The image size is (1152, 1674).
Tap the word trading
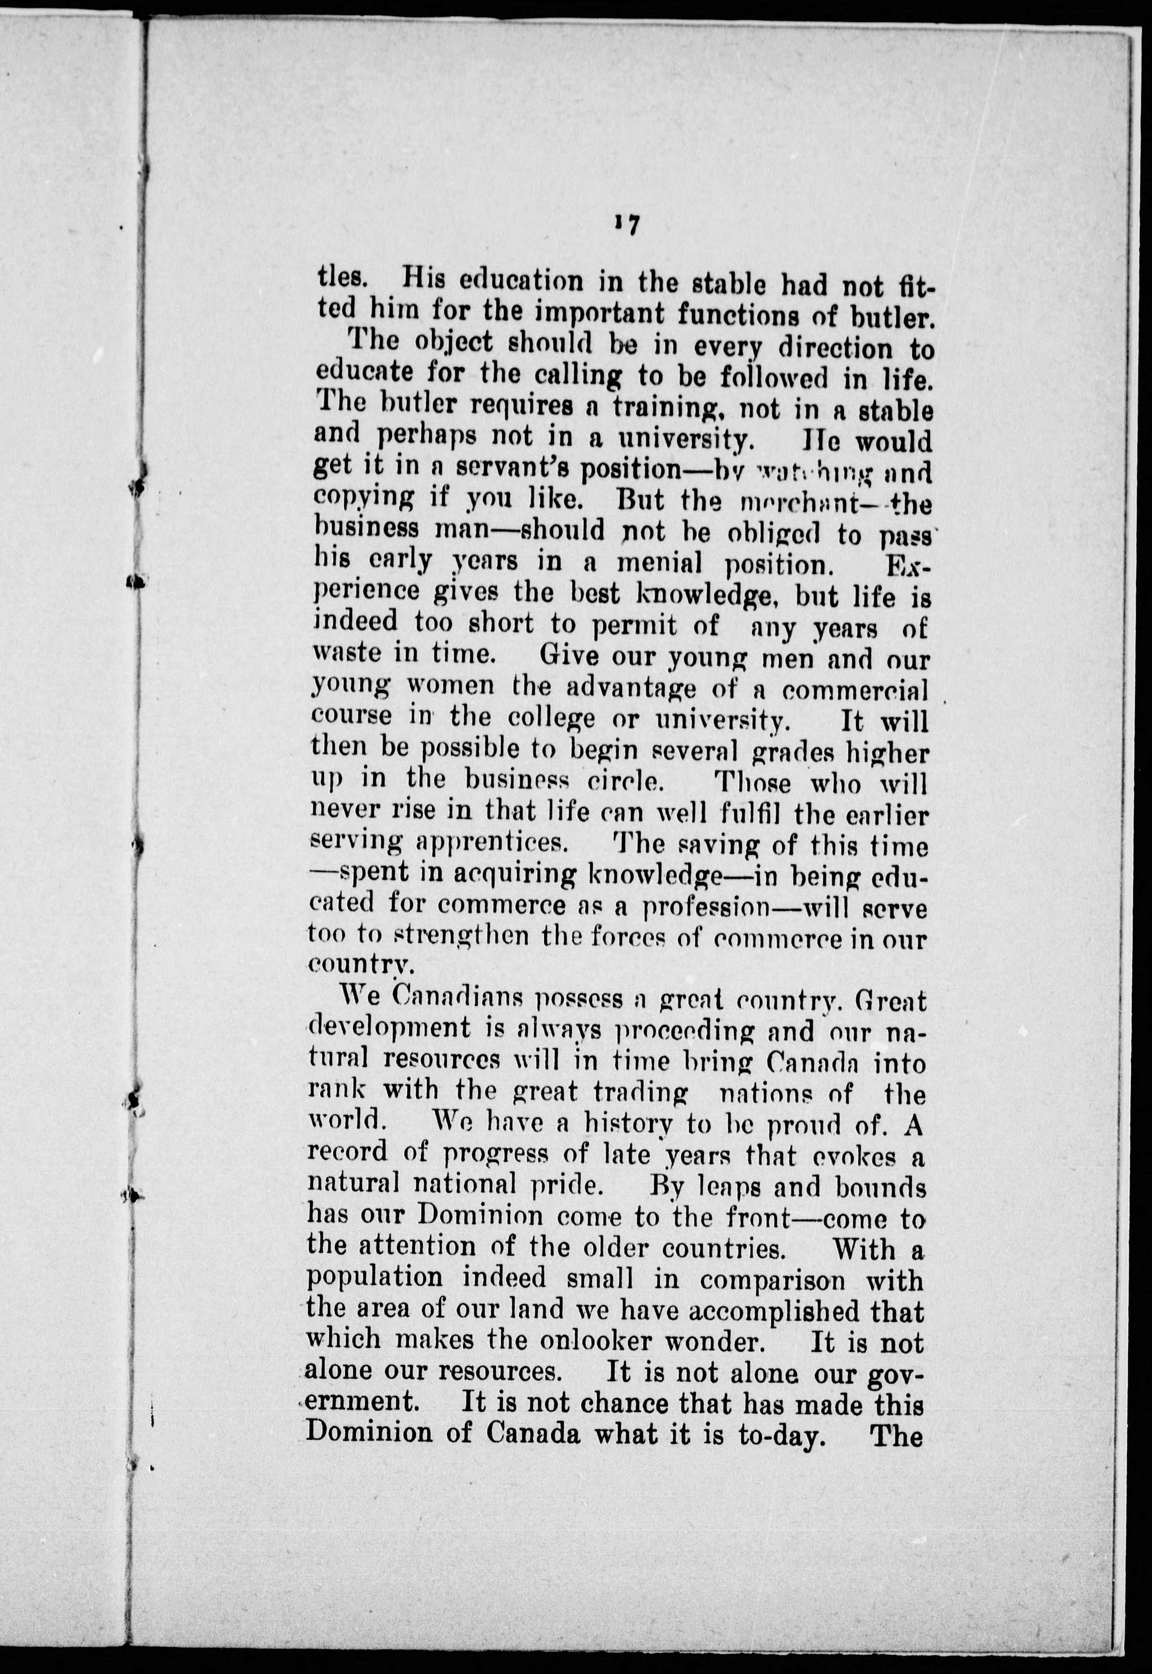point(640,1093)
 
